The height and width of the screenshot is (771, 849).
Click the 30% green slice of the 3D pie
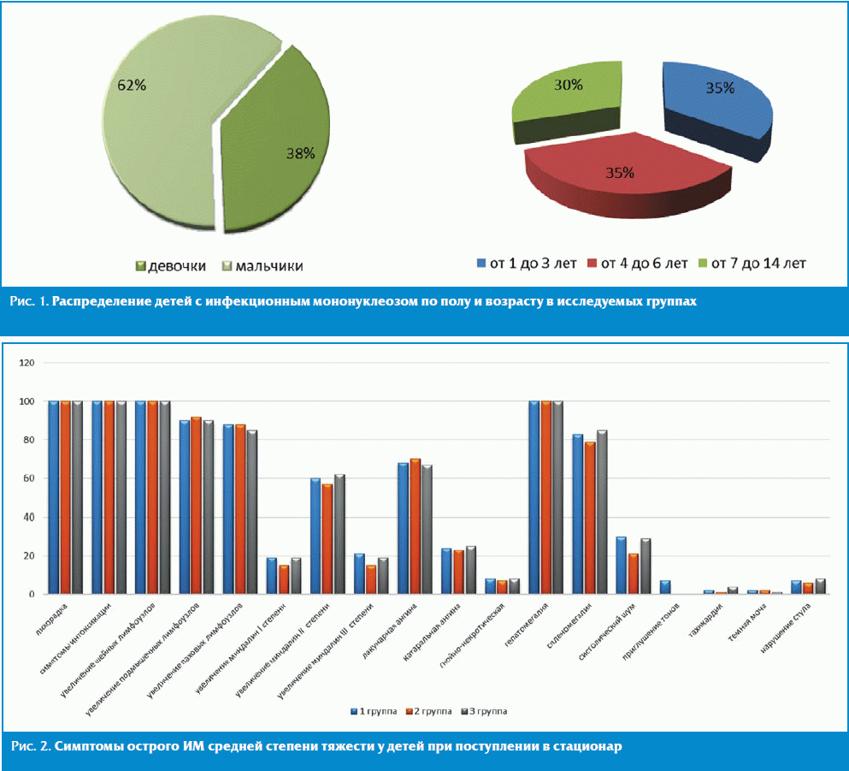coord(564,94)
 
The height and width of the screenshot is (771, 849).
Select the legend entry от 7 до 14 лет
coord(752,263)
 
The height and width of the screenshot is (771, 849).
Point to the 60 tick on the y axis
coord(28,478)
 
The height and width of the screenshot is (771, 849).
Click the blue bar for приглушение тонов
coord(665,587)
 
